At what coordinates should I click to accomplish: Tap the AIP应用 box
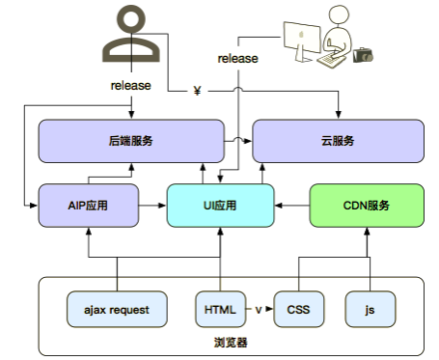coord(87,205)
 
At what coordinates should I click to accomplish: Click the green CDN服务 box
coord(367,205)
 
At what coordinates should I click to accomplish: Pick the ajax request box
coord(116,309)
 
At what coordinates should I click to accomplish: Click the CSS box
coord(298,309)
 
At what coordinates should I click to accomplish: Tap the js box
coord(370,309)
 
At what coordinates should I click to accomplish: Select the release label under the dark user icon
coord(131,85)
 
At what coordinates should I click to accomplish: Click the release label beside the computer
coord(237,58)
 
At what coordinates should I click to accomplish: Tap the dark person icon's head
coord(132,19)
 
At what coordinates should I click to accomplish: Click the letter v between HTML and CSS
coord(258,309)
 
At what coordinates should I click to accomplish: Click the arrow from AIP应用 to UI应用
coord(151,205)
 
